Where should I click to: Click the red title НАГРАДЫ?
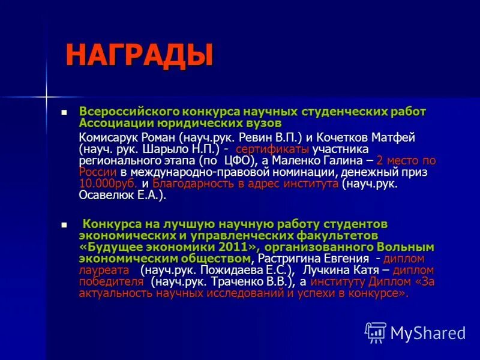(139, 55)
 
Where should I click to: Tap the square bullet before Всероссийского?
(64, 112)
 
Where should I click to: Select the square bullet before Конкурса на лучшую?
(64, 224)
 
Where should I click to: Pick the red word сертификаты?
(272, 148)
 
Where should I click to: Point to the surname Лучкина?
(323, 270)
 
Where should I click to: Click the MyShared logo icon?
(376, 332)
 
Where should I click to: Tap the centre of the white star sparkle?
(46, 96)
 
